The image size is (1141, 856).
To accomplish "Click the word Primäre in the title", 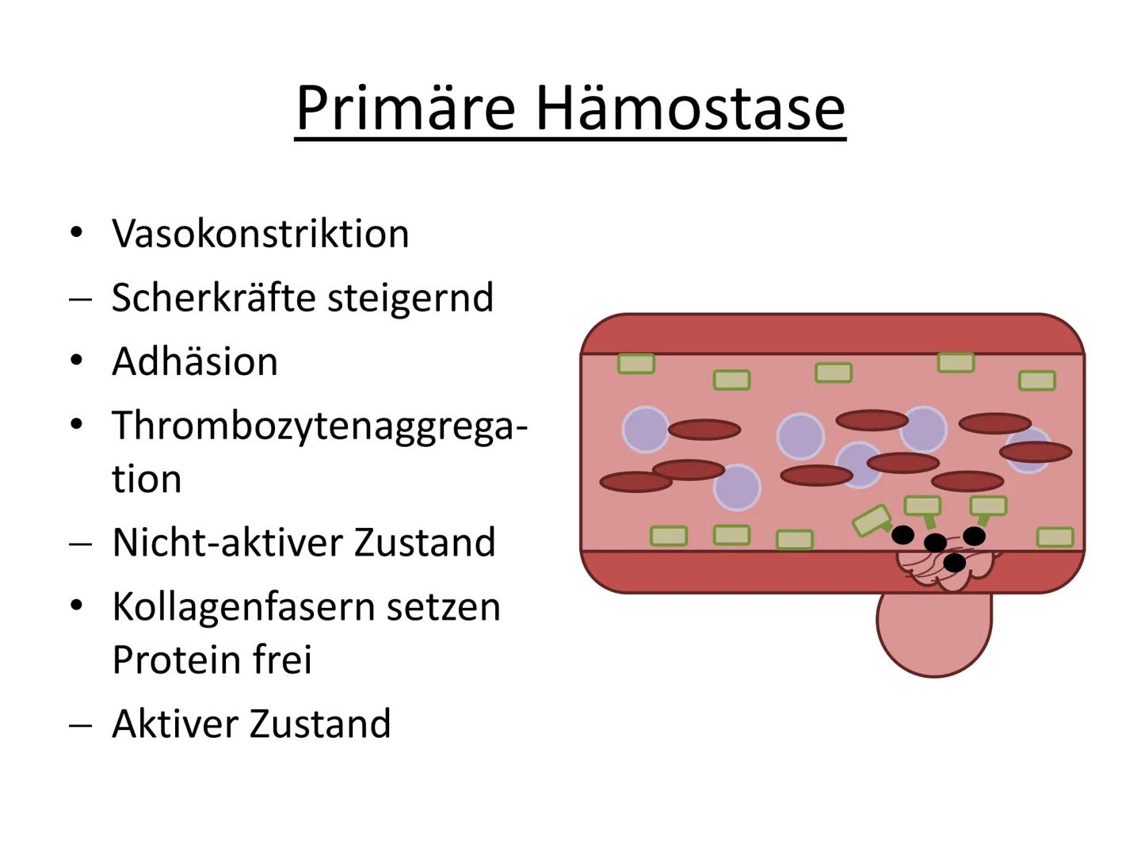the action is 406,109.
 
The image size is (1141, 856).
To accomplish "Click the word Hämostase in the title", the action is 691,109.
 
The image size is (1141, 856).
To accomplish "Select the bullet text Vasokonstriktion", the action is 261,234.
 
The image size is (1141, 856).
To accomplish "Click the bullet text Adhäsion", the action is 195,361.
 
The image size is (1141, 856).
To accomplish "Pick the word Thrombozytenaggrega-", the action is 319,427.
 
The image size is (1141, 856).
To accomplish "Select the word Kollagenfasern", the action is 243,606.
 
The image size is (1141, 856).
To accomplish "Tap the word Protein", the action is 176,660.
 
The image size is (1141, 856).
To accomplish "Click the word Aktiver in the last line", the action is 175,724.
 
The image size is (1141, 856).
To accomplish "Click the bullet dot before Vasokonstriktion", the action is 76,232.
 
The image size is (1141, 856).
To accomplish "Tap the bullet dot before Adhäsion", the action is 76,360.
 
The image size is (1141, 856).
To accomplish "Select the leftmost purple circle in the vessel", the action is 646,430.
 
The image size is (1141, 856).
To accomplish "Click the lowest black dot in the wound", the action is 954,563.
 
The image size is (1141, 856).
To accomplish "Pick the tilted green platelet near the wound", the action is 872,520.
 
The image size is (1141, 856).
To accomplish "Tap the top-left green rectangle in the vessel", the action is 635,363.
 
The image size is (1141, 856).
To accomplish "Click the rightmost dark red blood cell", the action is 1036,452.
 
